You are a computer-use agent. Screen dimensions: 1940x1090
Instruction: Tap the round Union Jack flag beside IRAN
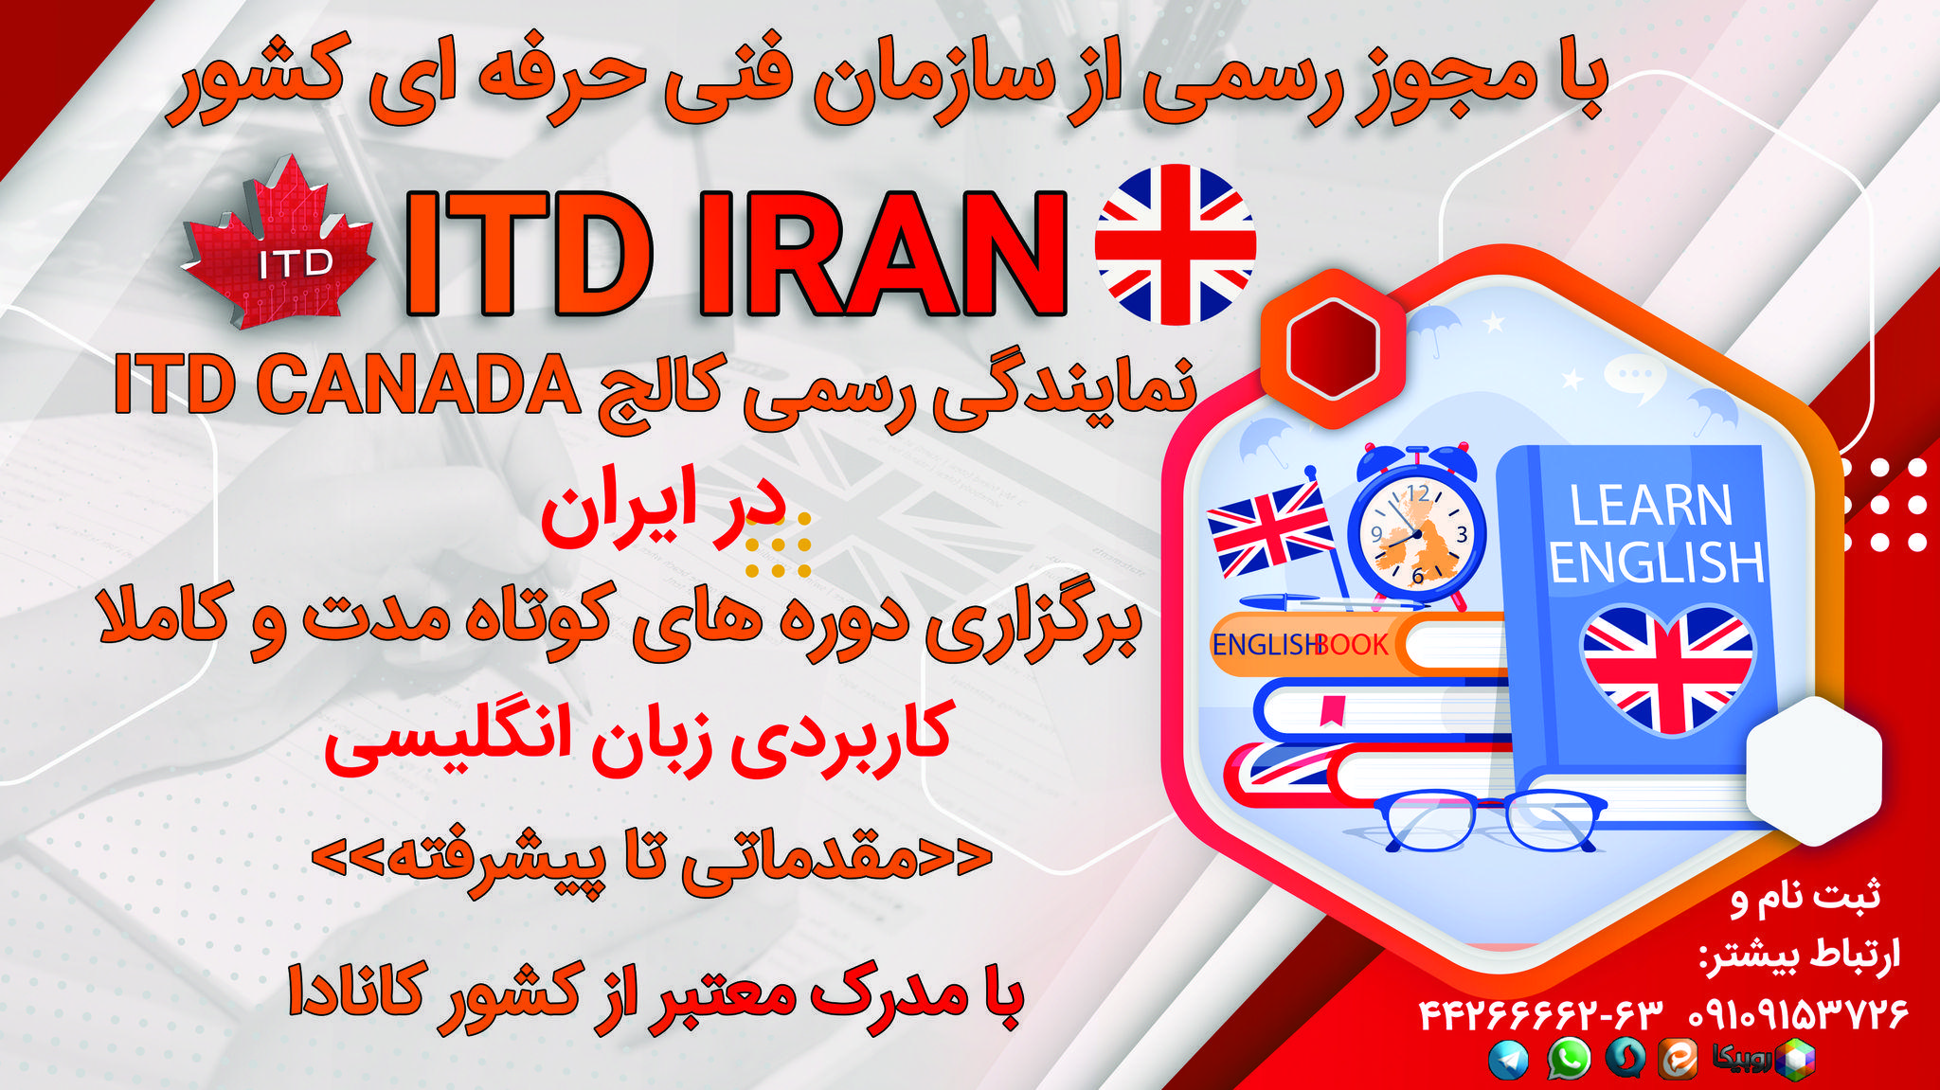[x=1175, y=244]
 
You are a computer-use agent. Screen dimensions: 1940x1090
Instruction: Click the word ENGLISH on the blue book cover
[x=1657, y=563]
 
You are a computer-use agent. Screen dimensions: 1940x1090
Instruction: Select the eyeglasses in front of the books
[x=1489, y=820]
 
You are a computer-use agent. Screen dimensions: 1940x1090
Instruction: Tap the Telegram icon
[x=1508, y=1060]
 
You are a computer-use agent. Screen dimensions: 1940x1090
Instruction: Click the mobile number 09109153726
[x=1798, y=1015]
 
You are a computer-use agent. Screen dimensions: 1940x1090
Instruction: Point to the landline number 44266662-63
[x=1541, y=1015]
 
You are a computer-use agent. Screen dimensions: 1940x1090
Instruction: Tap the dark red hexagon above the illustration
[x=1333, y=348]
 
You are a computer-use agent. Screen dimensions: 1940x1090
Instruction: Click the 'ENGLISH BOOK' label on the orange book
[x=1300, y=645]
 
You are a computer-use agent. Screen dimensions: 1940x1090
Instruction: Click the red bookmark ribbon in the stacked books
[x=1333, y=709]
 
